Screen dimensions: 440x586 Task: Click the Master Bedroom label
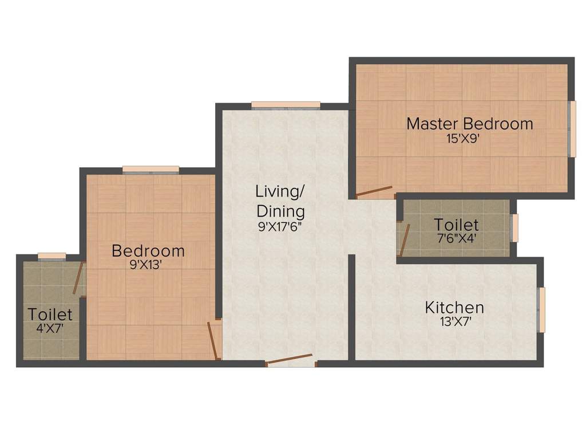pos(469,123)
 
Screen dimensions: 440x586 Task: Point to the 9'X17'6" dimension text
pos(280,226)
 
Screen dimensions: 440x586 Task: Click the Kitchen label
pos(454,308)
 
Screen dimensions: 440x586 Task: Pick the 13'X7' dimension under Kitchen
pos(454,322)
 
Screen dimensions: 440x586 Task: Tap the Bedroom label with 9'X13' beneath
pos(148,251)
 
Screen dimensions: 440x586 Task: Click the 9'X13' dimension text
pos(148,265)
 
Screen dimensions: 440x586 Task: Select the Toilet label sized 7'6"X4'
pos(456,225)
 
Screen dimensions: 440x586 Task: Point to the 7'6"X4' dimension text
pos(456,237)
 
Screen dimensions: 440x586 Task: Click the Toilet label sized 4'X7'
pos(50,314)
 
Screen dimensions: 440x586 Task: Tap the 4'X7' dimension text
pos(50,328)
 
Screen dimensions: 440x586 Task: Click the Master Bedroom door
pos(374,192)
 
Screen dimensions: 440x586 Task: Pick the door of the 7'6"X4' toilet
pos(404,239)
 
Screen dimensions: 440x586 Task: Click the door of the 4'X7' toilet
pos(78,278)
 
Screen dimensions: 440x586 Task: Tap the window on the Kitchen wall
pos(542,310)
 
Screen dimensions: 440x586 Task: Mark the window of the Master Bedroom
pos(571,129)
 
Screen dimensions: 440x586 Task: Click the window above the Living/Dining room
pos(286,105)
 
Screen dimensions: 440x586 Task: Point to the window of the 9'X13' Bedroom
pos(151,169)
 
